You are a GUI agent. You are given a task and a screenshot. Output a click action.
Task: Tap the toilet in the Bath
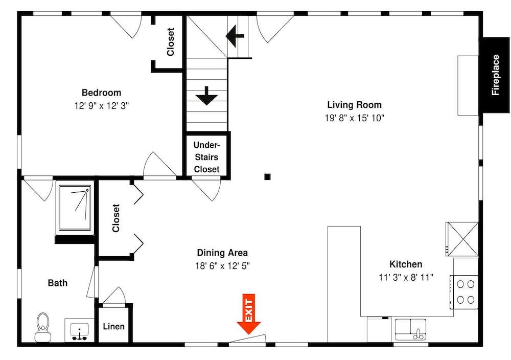(43, 327)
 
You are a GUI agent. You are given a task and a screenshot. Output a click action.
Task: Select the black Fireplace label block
(496, 75)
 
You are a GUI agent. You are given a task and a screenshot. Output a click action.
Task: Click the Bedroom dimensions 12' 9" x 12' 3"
(102, 106)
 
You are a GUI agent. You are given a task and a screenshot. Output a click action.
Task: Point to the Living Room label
(354, 105)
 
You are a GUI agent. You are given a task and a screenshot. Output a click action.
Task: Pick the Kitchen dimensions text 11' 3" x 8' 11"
(406, 277)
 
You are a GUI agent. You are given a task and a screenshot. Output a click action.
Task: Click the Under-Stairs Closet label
(206, 157)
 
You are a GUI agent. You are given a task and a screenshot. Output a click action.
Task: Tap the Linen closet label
(114, 326)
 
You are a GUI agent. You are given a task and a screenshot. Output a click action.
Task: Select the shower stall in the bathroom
(75, 208)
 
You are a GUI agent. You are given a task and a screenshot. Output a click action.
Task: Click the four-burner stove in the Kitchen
(464, 292)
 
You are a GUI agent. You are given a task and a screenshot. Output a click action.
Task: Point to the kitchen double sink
(411, 330)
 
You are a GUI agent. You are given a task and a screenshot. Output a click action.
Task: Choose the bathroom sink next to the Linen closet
(80, 330)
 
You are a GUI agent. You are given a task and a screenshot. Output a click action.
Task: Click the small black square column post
(267, 177)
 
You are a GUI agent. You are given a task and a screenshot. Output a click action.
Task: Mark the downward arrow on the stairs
(206, 96)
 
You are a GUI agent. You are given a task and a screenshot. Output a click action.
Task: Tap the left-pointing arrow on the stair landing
(235, 36)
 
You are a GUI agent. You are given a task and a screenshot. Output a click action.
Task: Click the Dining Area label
(222, 253)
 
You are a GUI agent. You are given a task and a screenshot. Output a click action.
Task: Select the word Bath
(58, 283)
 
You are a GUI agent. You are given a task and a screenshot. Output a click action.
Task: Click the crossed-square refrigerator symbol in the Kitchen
(462, 239)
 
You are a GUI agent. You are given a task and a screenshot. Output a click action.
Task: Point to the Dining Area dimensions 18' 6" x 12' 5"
(223, 266)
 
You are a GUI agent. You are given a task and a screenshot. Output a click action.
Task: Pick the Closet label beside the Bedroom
(171, 42)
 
